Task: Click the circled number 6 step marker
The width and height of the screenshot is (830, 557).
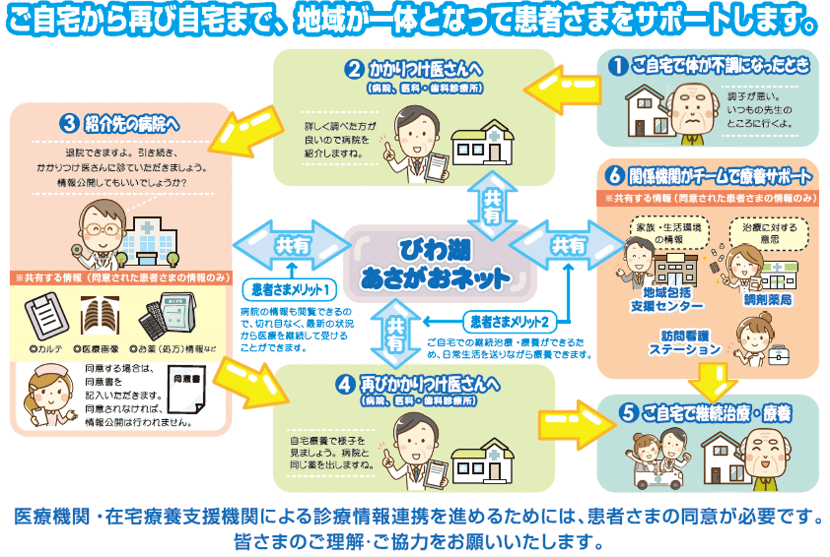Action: click(x=615, y=177)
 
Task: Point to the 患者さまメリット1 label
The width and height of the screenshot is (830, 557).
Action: click(x=289, y=290)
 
